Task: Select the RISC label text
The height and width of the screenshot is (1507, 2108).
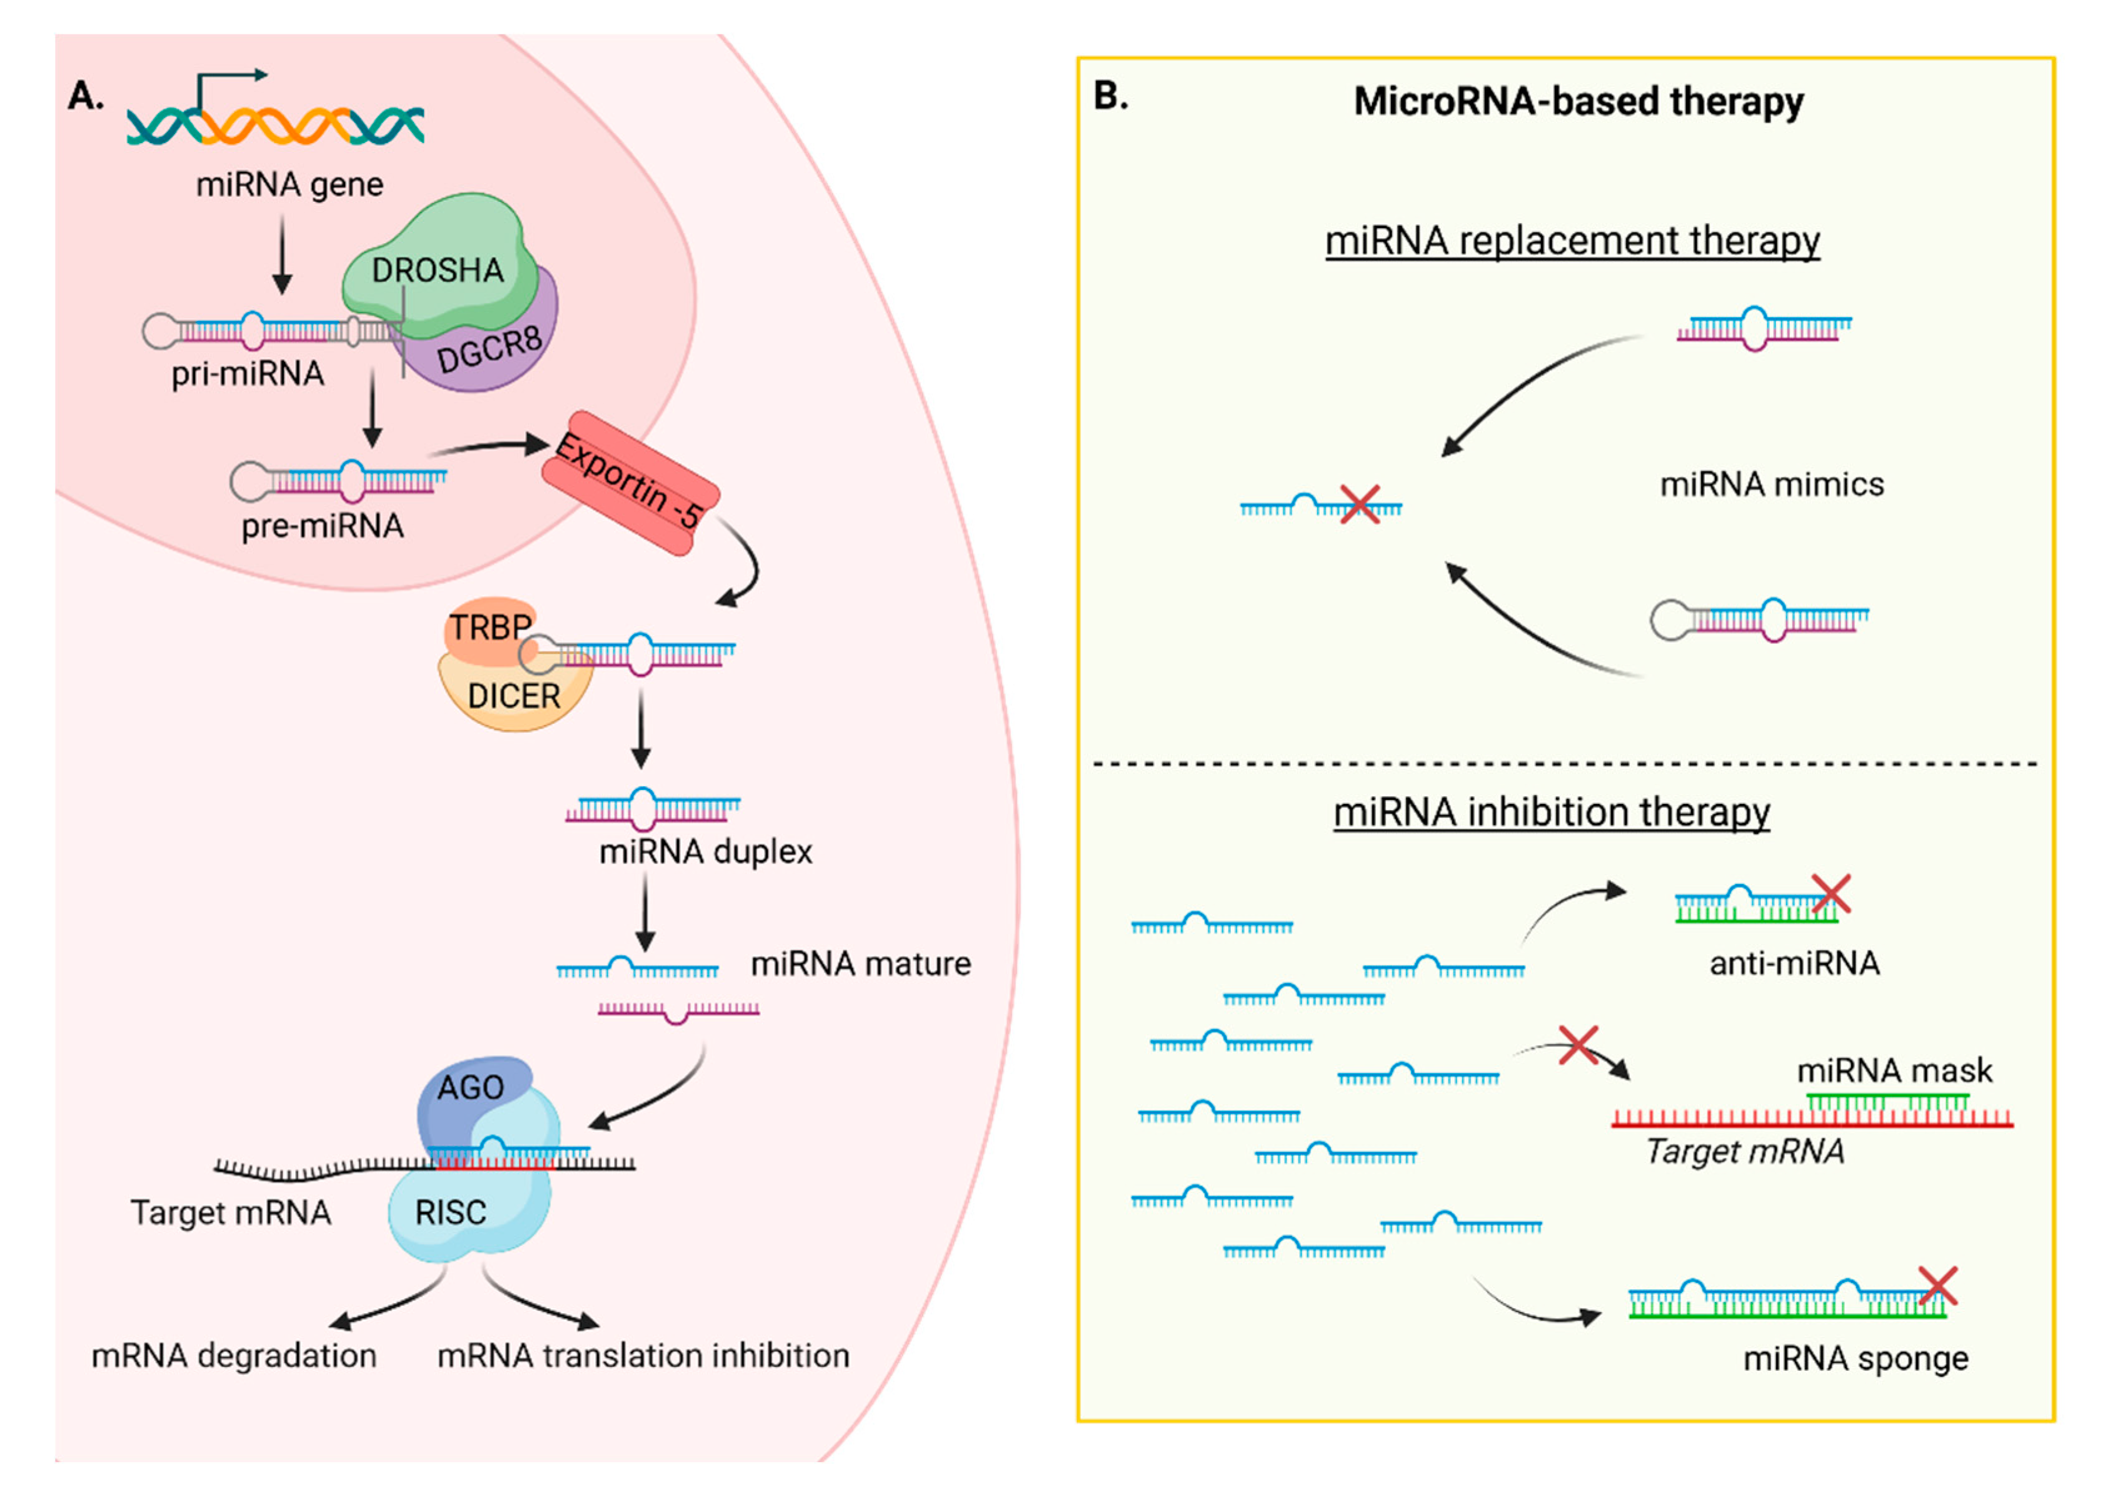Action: [450, 1213]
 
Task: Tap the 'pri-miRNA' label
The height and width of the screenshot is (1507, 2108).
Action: [248, 374]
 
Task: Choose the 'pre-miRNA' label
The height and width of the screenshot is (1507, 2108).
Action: [322, 526]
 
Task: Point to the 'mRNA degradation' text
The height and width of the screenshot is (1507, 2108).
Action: [234, 1356]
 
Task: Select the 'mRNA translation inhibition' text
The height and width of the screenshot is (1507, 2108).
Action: [643, 1356]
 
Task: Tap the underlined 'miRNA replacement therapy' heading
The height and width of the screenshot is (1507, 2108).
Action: [1572, 241]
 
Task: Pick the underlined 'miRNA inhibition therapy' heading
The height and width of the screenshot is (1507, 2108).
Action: [1552, 812]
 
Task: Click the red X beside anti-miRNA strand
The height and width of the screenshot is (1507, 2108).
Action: [1830, 894]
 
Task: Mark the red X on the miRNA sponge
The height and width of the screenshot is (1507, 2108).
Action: [1937, 1286]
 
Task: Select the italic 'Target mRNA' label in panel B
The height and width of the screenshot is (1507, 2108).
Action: [1744, 1151]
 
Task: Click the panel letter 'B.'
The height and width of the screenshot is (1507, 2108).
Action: [1111, 96]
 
